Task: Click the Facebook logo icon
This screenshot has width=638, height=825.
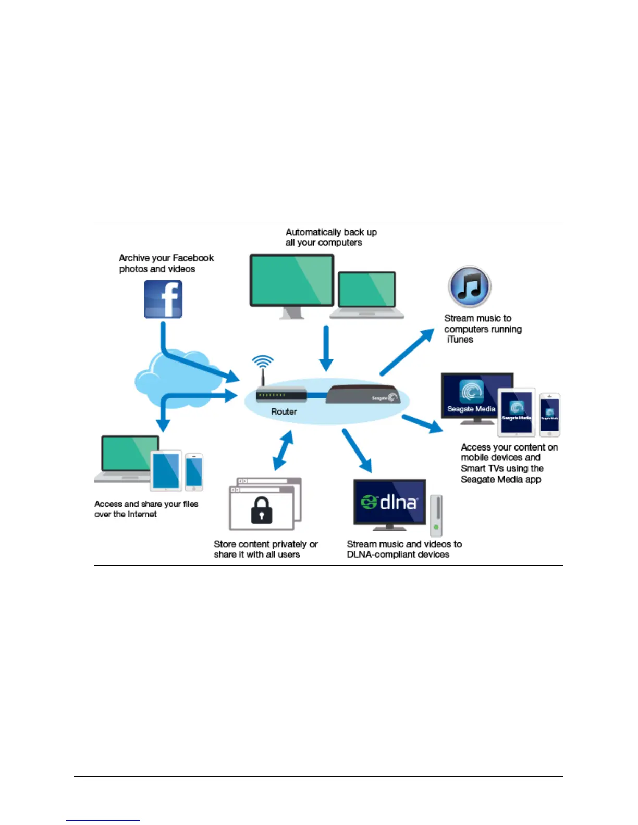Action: [x=163, y=299]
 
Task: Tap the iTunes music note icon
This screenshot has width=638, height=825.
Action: [x=470, y=286]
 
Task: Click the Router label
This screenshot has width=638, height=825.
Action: [x=284, y=411]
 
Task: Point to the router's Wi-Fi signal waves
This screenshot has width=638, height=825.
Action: [x=263, y=361]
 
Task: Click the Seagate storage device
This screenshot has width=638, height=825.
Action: [x=363, y=394]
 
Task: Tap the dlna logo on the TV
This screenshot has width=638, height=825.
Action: [x=389, y=502]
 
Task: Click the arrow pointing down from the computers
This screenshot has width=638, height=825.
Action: [x=326, y=348]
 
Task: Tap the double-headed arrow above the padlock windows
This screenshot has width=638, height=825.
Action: [x=283, y=451]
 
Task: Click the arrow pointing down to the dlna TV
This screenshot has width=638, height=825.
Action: [x=357, y=450]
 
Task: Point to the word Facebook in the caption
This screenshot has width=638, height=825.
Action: [x=193, y=258]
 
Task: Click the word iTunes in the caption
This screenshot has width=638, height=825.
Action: [x=460, y=340]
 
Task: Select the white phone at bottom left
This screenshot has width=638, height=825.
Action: [x=194, y=472]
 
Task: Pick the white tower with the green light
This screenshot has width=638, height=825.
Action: [x=436, y=516]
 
